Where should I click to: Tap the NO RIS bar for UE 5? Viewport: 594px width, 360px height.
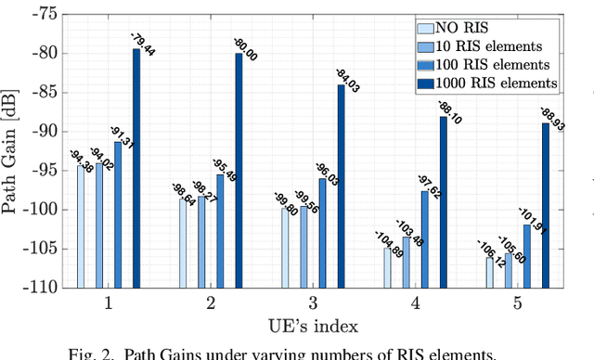coord(489,273)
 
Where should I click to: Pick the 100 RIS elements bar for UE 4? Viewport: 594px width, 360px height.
coord(425,238)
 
